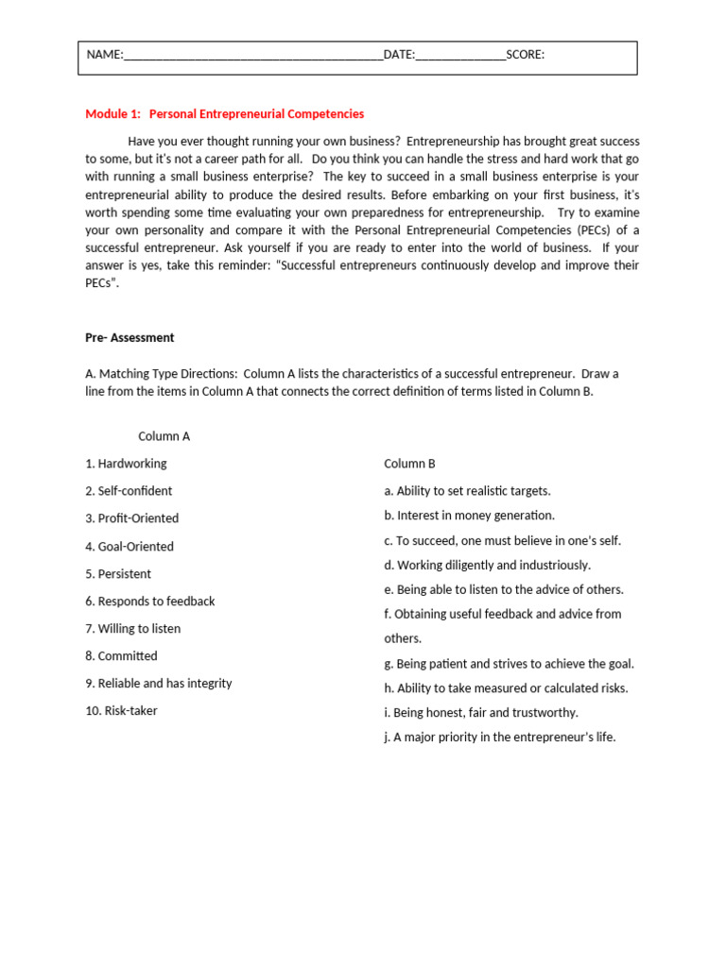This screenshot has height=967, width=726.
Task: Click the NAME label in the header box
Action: point(104,55)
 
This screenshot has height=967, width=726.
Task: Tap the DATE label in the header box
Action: point(399,55)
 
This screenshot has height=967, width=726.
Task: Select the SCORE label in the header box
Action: point(525,55)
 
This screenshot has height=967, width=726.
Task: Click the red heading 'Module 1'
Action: point(112,114)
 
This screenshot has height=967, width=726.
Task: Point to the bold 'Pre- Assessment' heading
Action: point(130,338)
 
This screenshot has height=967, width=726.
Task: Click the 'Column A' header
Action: point(164,436)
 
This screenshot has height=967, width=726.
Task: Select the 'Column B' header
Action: point(409,464)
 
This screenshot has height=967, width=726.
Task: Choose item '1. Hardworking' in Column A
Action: point(126,464)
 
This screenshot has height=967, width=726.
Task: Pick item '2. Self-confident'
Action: point(129,491)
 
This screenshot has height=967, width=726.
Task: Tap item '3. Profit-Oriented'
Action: point(131,518)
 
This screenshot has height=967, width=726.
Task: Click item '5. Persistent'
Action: point(118,574)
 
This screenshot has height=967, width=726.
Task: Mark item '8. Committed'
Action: point(121,656)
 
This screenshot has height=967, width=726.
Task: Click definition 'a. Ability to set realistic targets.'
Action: point(467,491)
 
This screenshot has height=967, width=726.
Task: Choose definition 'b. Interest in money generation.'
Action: point(469,516)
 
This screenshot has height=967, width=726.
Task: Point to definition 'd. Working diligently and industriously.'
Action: point(487,565)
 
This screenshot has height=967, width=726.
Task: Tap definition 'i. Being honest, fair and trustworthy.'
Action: point(480,713)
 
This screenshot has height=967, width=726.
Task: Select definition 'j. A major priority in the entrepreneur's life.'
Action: point(499,738)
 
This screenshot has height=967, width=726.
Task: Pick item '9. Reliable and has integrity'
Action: point(158,684)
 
